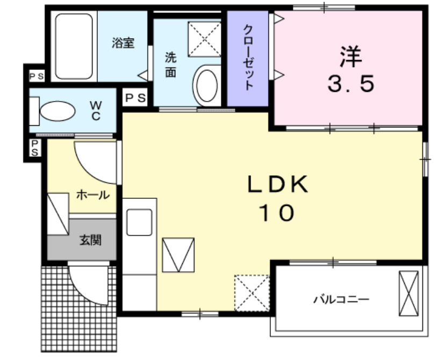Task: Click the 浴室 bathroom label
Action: click(x=123, y=43)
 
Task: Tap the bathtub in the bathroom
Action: click(x=75, y=46)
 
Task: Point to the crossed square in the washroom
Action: click(x=204, y=38)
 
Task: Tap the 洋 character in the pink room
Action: click(x=351, y=55)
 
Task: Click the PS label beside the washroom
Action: click(x=135, y=98)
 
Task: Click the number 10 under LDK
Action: click(x=277, y=214)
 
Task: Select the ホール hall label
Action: click(x=92, y=195)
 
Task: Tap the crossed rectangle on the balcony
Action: click(x=408, y=293)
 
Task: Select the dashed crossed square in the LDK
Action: click(x=252, y=292)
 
